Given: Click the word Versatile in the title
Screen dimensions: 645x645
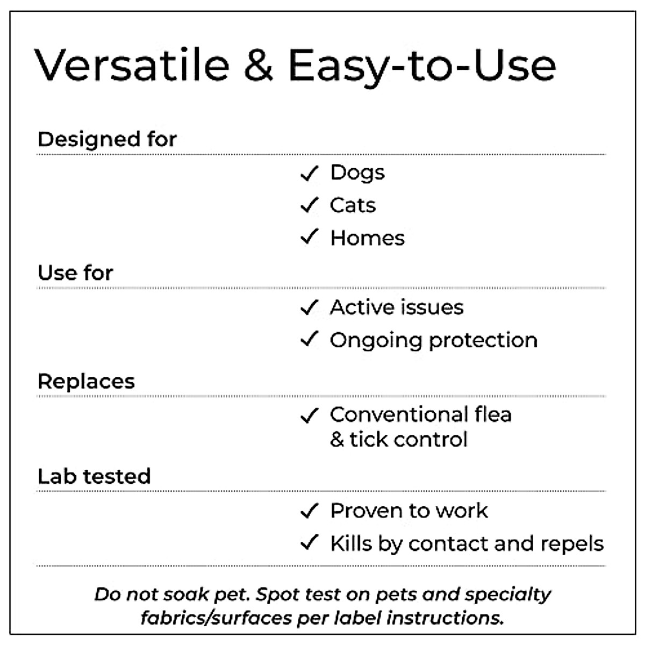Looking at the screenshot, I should [x=132, y=65].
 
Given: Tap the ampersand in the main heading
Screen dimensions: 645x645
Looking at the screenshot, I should [x=258, y=65].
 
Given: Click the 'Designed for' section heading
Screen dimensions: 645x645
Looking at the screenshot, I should [x=107, y=139].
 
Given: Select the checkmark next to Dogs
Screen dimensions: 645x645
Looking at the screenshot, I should [x=310, y=174].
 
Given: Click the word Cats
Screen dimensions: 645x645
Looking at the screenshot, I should [x=353, y=205].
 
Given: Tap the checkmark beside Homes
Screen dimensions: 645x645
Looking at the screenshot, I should [x=310, y=237].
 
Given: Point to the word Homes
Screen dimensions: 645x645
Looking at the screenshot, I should [x=368, y=238].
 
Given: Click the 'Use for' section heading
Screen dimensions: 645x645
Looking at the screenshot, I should [x=75, y=273].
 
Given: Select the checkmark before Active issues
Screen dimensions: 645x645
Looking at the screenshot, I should [x=310, y=307].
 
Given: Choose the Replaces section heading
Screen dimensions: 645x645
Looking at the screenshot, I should [x=86, y=381].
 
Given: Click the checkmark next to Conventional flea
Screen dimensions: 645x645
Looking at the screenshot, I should [x=310, y=415].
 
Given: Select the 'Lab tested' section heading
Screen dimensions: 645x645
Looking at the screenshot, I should [x=94, y=476].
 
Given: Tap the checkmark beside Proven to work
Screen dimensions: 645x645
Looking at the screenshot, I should [x=310, y=511].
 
